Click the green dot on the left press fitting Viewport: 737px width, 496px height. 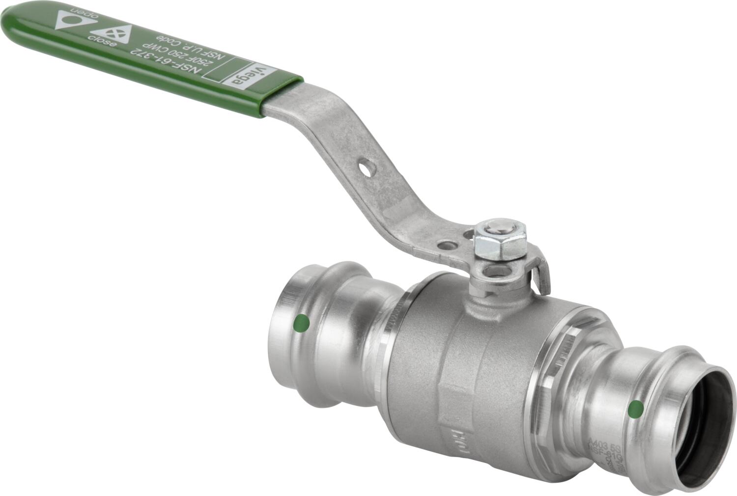point(301,323)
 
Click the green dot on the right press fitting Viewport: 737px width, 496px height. point(636,407)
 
